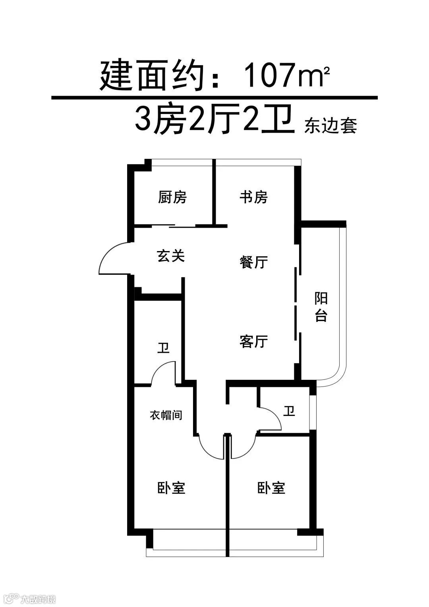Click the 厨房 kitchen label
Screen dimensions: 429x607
coord(172,197)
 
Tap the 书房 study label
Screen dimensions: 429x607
coord(253,197)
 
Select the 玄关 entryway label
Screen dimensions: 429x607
coord(171,256)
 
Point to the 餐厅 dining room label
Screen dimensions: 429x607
coord(253,262)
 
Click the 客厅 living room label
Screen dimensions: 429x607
coord(253,341)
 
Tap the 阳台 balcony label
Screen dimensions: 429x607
coord(321,307)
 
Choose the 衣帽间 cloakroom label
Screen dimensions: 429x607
coord(166,416)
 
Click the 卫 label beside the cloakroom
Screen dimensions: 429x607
coord(163,348)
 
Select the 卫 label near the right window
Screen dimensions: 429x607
coord(289,411)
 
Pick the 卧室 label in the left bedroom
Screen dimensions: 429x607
coord(172,488)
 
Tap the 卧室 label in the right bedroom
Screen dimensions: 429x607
coord(271,488)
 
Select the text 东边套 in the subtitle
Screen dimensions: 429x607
coord(331,126)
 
